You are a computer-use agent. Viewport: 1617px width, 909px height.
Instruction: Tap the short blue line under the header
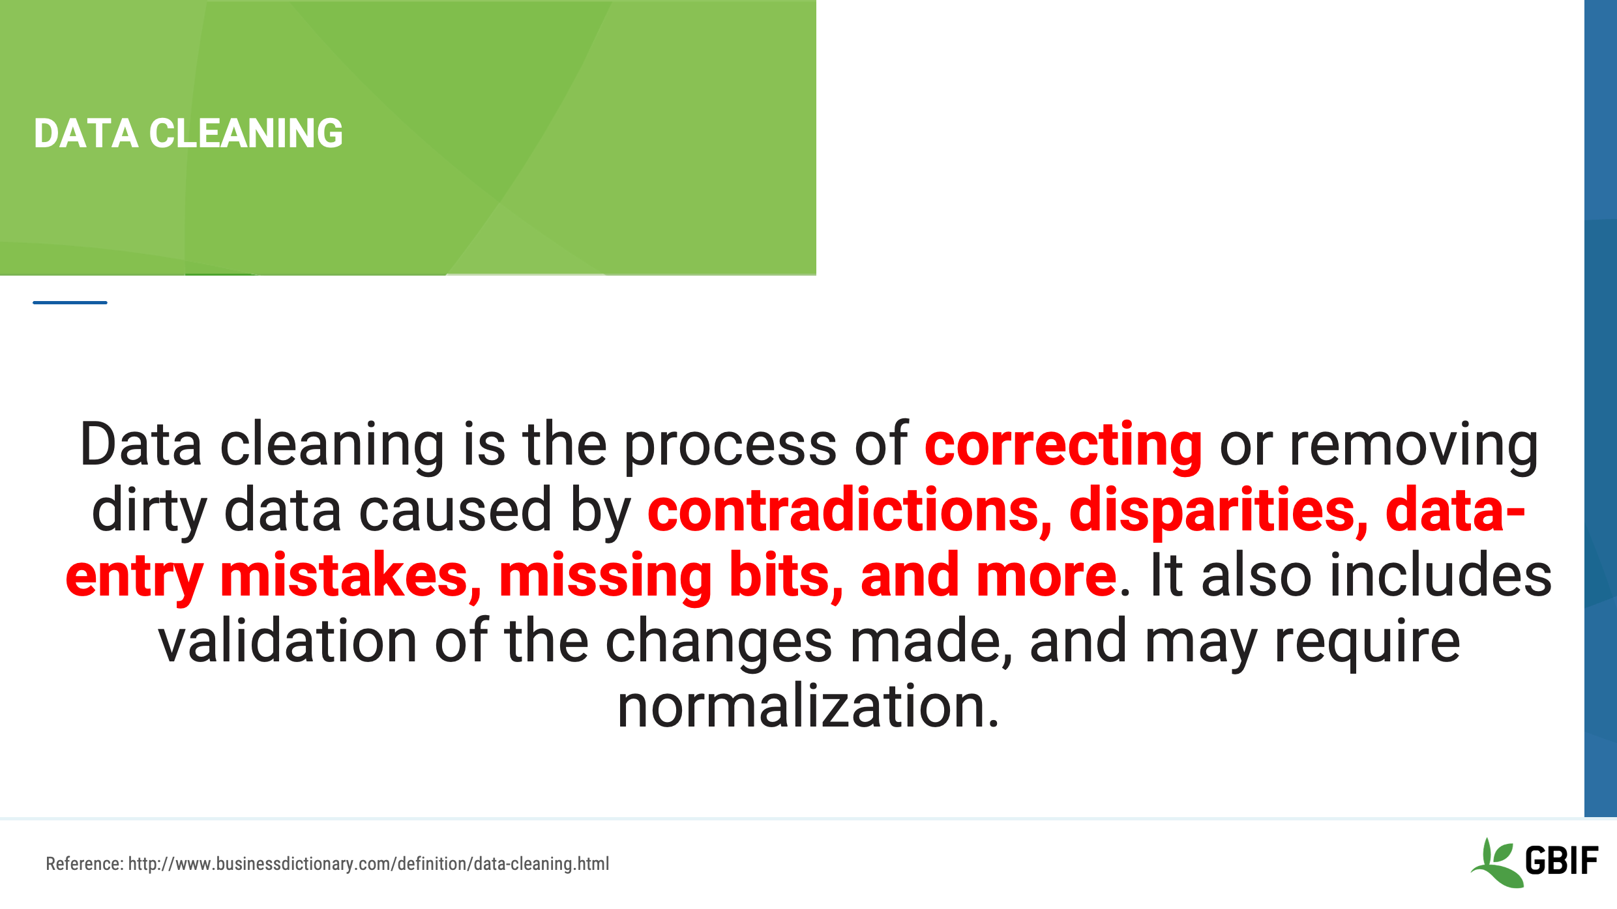click(x=70, y=302)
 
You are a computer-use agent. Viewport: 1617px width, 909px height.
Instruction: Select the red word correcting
click(x=1063, y=445)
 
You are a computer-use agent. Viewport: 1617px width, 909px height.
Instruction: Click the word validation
click(x=287, y=642)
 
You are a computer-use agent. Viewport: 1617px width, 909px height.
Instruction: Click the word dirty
click(x=149, y=510)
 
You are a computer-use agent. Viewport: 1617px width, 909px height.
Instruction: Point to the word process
click(x=730, y=445)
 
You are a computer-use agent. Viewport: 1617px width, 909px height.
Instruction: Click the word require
click(x=1367, y=642)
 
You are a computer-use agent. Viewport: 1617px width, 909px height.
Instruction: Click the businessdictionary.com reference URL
click(x=368, y=864)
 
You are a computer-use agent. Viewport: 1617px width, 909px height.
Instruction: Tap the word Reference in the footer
click(x=83, y=864)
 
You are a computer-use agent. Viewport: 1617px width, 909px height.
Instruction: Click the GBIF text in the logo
click(x=1561, y=861)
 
